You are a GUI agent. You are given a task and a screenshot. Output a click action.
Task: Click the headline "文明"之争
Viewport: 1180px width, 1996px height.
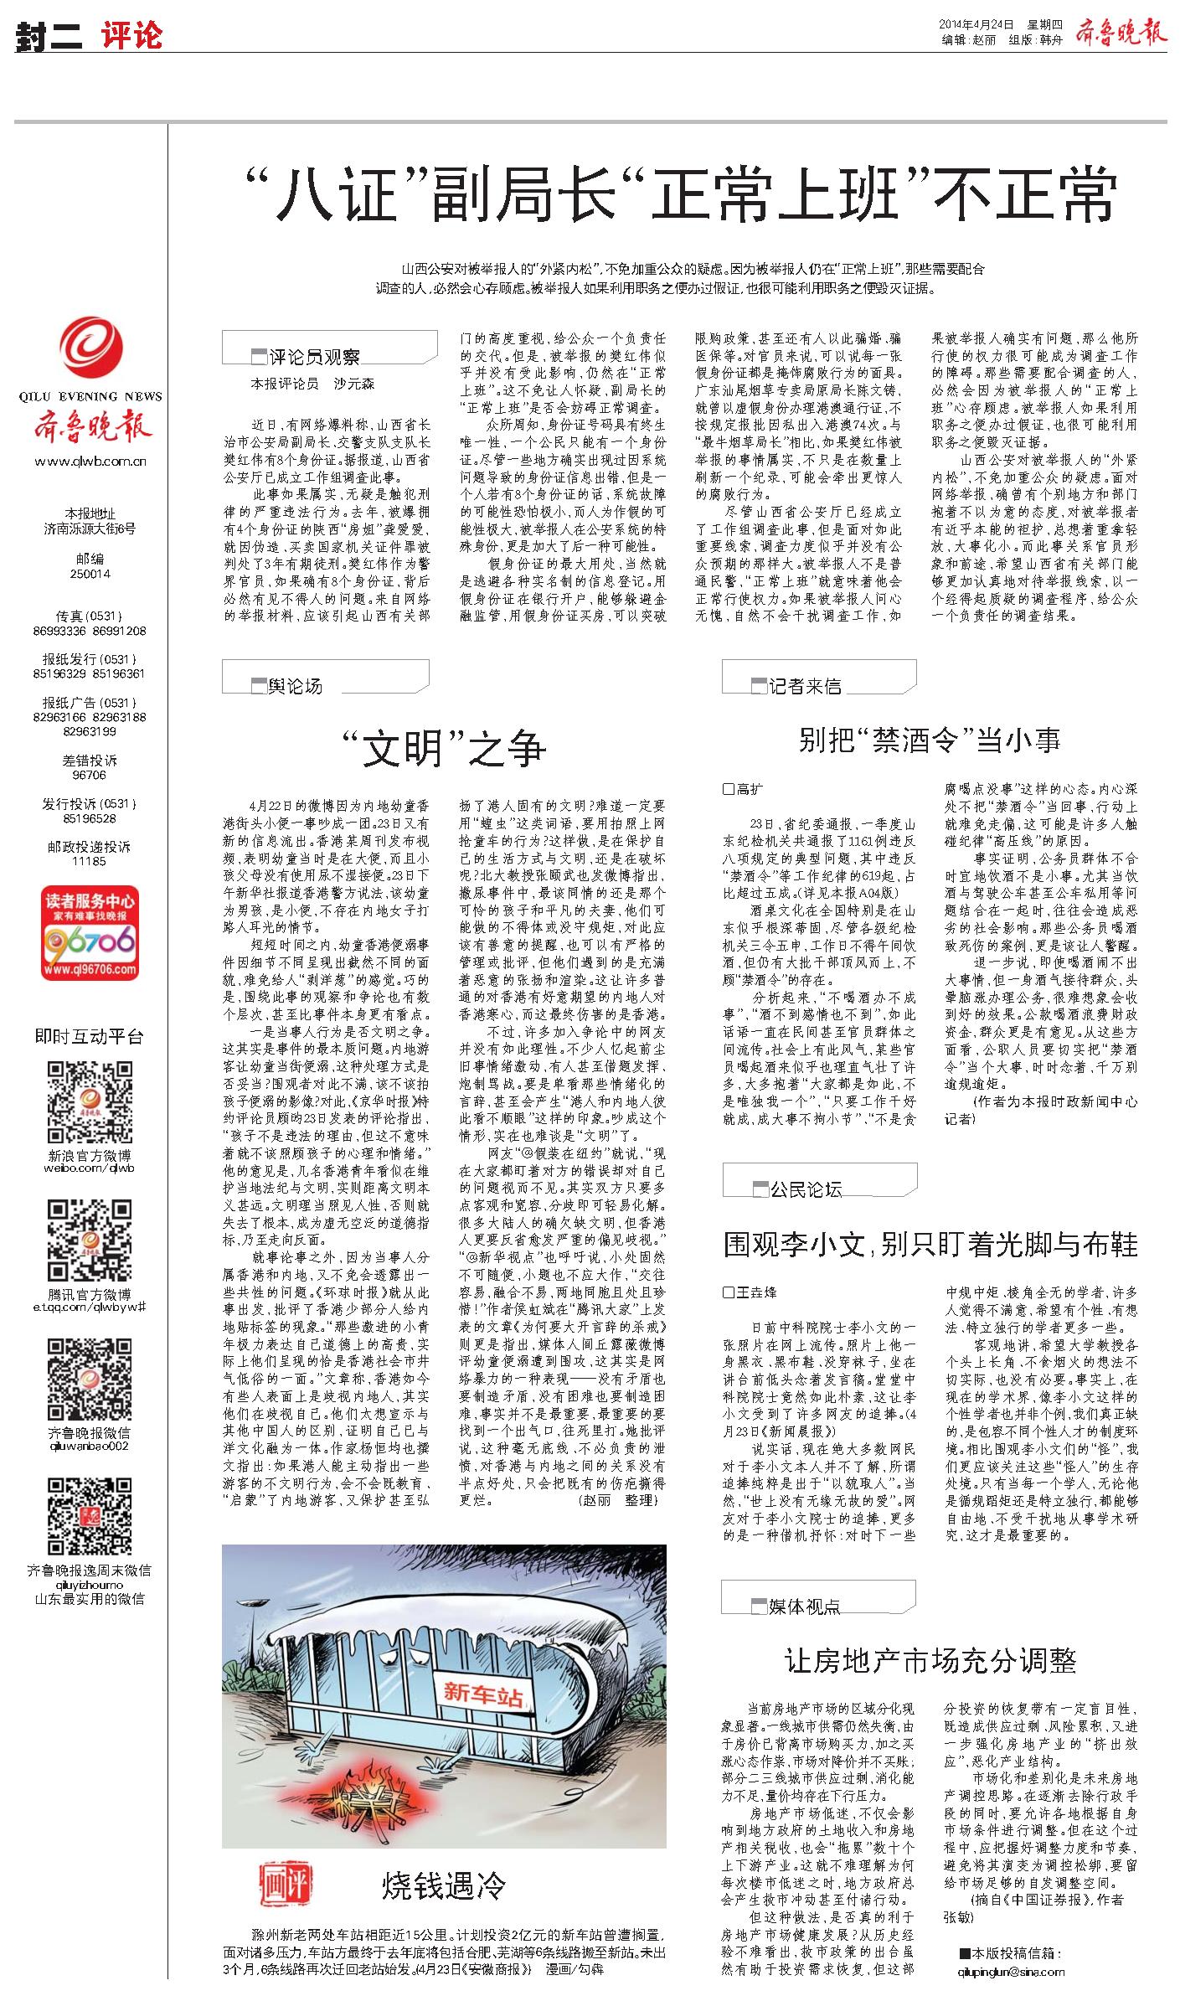[x=445, y=748]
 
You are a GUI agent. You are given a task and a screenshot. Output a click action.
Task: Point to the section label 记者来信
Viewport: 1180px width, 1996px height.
[x=805, y=686]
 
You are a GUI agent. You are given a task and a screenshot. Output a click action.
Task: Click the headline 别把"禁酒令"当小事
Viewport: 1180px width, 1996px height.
[x=929, y=739]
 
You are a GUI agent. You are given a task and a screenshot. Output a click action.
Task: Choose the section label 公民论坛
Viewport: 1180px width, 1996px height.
[x=806, y=1189]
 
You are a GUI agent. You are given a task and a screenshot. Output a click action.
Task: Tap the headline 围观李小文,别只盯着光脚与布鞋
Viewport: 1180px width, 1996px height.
[x=930, y=1245]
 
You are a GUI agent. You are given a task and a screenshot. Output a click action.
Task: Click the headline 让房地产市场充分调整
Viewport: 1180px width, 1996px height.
[x=930, y=1660]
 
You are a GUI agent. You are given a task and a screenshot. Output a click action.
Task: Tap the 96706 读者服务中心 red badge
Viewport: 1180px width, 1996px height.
[x=90, y=933]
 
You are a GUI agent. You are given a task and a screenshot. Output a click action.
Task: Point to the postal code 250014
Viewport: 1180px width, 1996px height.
[x=90, y=575]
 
